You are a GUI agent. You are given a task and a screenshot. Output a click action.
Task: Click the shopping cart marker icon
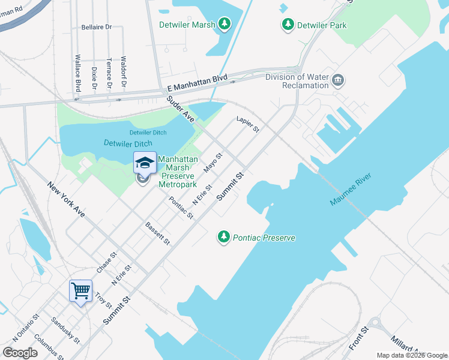(x=80, y=292)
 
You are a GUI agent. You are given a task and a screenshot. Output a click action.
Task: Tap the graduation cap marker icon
(x=145, y=163)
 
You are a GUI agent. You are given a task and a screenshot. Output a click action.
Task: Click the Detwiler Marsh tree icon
(x=224, y=24)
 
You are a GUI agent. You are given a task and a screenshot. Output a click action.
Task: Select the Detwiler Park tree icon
(x=288, y=25)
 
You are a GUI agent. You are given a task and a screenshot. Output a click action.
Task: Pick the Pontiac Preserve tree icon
(x=224, y=238)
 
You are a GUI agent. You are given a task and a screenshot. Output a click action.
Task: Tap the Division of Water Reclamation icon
(x=338, y=80)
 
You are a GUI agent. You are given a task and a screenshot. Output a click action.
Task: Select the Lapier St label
(x=247, y=124)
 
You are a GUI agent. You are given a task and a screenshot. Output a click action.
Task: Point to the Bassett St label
(x=158, y=233)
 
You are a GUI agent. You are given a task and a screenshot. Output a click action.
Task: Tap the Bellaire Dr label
(x=97, y=28)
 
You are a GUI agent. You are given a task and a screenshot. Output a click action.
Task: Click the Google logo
(x=20, y=353)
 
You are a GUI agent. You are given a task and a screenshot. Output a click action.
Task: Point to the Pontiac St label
(x=181, y=207)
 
